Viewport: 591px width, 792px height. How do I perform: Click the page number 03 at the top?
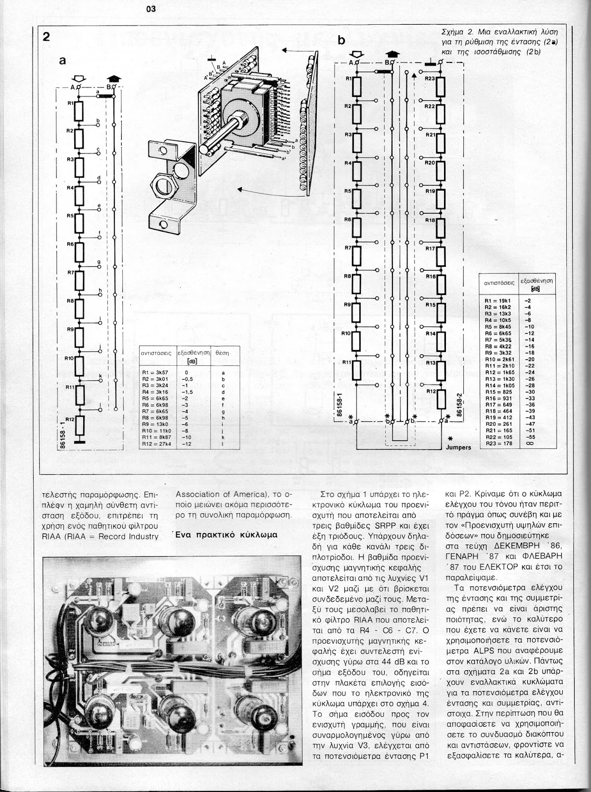click(x=151, y=8)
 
